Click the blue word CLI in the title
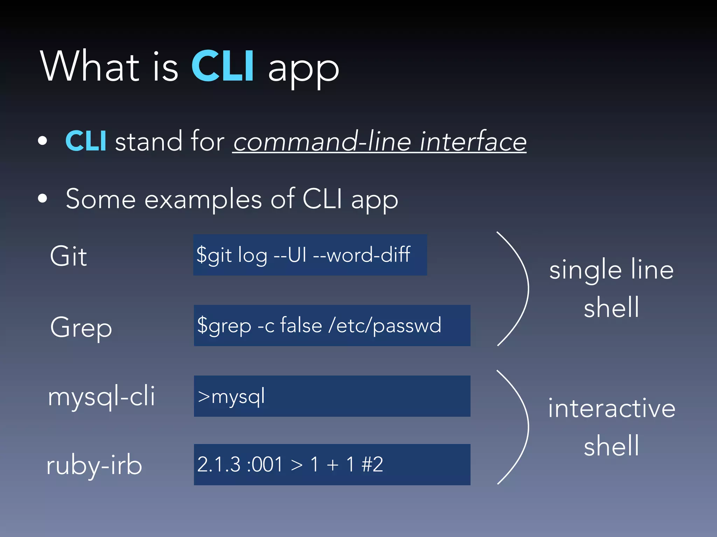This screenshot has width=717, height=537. click(223, 66)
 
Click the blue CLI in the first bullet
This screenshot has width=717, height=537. click(86, 141)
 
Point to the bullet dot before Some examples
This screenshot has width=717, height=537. click(43, 199)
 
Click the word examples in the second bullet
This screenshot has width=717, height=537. click(203, 199)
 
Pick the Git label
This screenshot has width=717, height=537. click(68, 256)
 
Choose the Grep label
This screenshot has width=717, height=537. click(81, 327)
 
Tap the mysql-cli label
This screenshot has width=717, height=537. click(102, 396)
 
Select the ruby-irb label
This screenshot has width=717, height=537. click(94, 465)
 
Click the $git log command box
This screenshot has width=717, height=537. click(310, 255)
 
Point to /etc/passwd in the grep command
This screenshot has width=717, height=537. click(385, 325)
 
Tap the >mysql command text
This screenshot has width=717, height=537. click(231, 397)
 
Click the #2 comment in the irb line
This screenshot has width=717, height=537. click(372, 464)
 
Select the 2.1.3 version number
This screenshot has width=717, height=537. click(219, 464)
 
